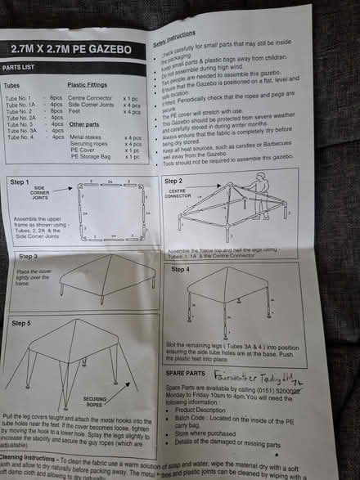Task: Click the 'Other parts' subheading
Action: tap(84, 125)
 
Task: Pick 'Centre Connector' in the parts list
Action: tap(92, 98)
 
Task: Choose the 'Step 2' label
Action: tap(174, 181)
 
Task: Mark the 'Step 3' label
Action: tap(18, 257)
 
